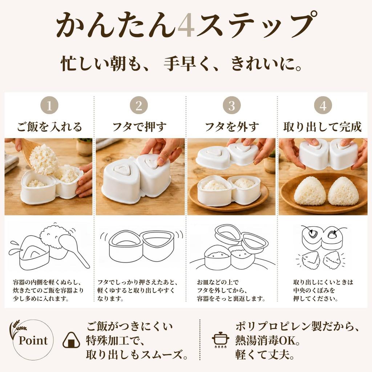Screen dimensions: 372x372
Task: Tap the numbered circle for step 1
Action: pos(49,105)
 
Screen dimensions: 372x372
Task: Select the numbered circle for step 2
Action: pos(139,105)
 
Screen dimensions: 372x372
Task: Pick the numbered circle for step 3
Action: pos(231,105)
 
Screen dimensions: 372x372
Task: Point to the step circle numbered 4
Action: pos(323,105)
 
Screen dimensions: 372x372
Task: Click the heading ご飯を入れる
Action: pos(49,127)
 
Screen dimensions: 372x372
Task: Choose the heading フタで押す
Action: pos(139,127)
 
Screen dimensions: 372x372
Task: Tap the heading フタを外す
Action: pos(232,127)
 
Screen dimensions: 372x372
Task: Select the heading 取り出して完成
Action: pos(323,127)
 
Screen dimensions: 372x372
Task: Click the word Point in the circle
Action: pos(33,340)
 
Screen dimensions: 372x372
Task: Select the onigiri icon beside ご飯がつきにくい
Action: pos(72,340)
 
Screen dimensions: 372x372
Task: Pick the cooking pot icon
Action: pos(221,340)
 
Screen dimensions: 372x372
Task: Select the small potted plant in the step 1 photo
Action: pos(84,147)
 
